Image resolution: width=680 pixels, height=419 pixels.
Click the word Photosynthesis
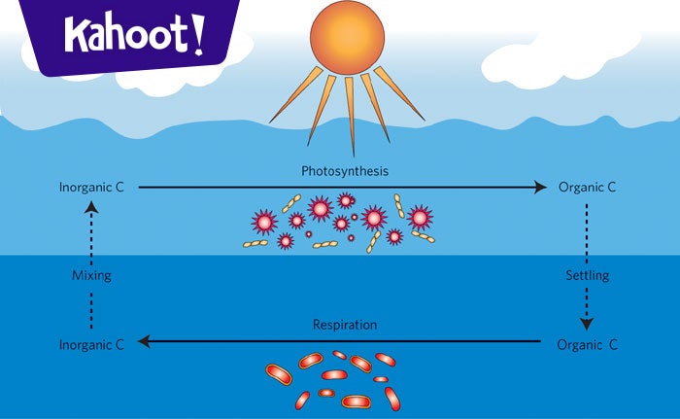point(344,171)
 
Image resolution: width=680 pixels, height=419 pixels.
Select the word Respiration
point(344,325)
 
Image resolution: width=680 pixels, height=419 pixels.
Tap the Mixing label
point(91,275)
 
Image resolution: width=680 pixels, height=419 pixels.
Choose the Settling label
point(587,275)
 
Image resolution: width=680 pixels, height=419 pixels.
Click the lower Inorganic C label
point(91,344)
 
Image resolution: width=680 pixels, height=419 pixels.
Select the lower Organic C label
point(587,344)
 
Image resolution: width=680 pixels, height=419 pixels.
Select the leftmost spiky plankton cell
point(264,222)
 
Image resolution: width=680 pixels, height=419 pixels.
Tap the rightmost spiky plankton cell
point(420,216)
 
